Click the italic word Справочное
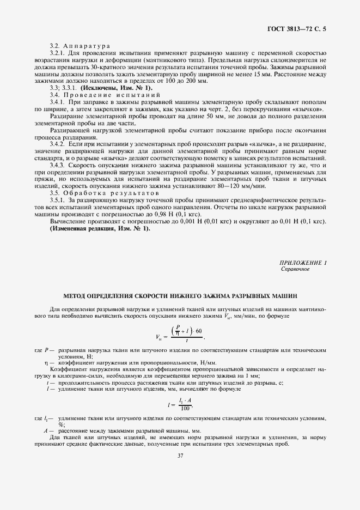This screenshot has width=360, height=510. point(295,269)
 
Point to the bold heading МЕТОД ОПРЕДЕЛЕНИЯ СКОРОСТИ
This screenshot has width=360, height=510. point(180,296)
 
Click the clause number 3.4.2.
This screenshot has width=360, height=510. point(58,143)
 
